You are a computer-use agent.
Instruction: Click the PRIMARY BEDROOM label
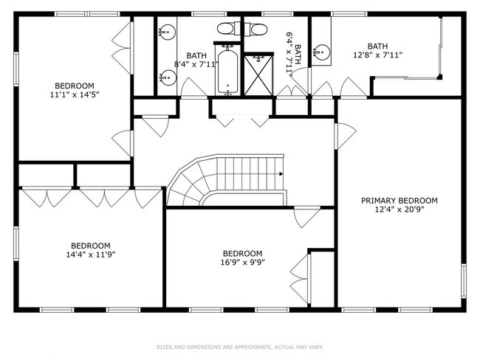[x=400, y=201]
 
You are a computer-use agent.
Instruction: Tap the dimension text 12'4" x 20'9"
[x=400, y=210]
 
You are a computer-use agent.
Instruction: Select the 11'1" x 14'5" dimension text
[x=75, y=94]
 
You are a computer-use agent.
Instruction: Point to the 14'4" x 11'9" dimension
[x=91, y=255]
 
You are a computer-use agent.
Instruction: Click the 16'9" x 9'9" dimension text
[x=242, y=262]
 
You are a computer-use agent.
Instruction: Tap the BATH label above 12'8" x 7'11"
[x=377, y=46]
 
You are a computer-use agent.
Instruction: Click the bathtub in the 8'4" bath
[x=227, y=71]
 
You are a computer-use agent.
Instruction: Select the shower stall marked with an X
[x=258, y=75]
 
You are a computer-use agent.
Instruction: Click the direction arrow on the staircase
[x=281, y=174]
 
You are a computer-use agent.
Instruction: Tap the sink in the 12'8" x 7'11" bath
[x=322, y=52]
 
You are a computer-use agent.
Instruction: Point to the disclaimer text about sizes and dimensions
[x=240, y=347]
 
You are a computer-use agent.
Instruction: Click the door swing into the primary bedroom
[x=346, y=136]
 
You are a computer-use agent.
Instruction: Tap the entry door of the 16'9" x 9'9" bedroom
[x=306, y=217]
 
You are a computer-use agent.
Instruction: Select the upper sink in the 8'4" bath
[x=167, y=32]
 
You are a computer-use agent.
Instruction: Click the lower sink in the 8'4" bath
[x=168, y=77]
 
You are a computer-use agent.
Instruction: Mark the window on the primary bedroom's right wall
[x=464, y=281]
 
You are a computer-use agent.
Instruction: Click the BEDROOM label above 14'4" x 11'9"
[x=91, y=246]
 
